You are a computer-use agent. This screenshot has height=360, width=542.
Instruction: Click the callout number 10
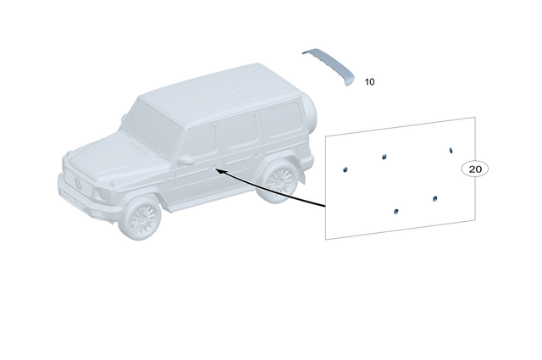[x=369, y=82]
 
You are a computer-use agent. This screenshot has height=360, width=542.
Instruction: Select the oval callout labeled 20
[x=475, y=169]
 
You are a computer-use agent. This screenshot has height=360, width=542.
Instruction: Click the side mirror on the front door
[x=185, y=159]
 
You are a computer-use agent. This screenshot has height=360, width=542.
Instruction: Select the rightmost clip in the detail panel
[x=451, y=150]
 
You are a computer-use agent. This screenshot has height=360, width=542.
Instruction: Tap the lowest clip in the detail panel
[x=396, y=210]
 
